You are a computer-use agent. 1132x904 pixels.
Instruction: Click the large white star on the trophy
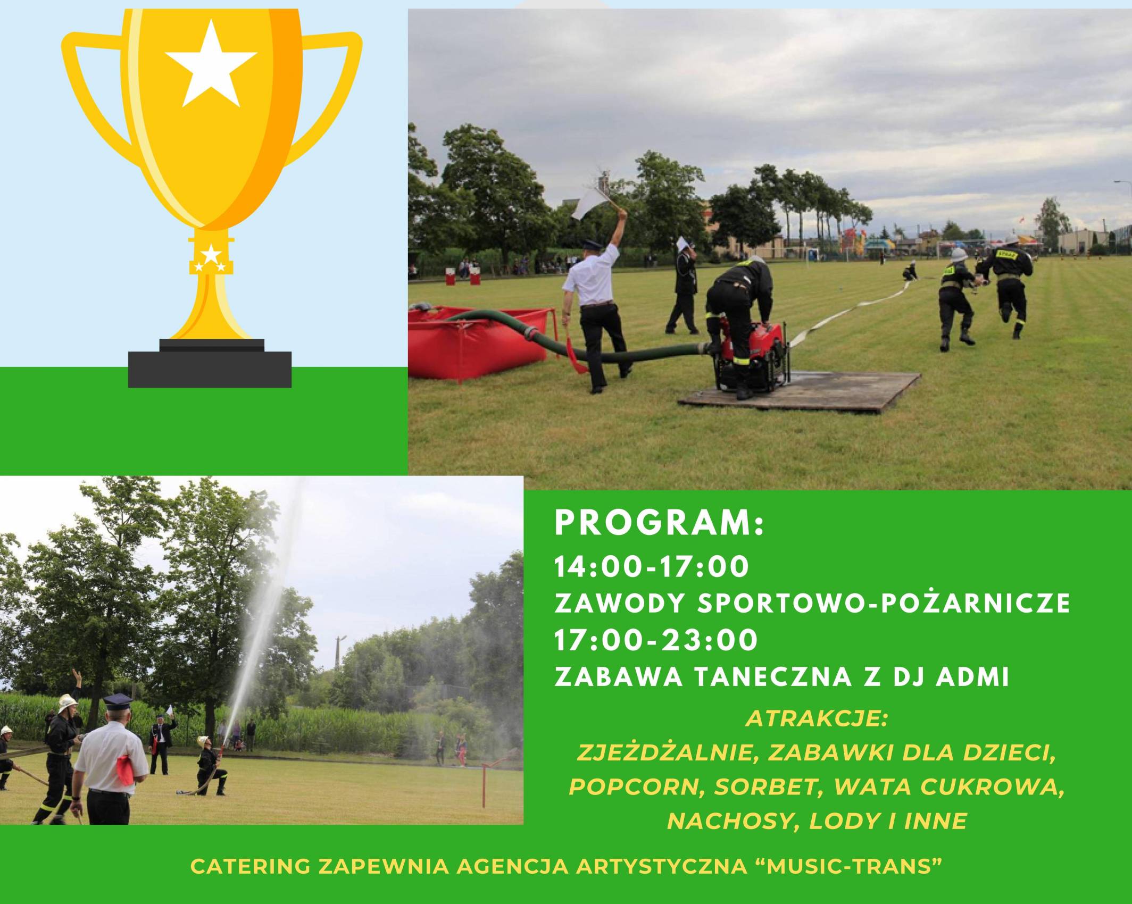click(x=211, y=66)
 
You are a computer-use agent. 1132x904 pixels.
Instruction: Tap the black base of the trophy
click(x=210, y=363)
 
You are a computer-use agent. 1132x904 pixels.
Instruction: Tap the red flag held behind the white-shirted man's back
click(x=123, y=769)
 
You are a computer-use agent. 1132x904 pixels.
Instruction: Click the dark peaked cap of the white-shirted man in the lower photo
click(x=119, y=701)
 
